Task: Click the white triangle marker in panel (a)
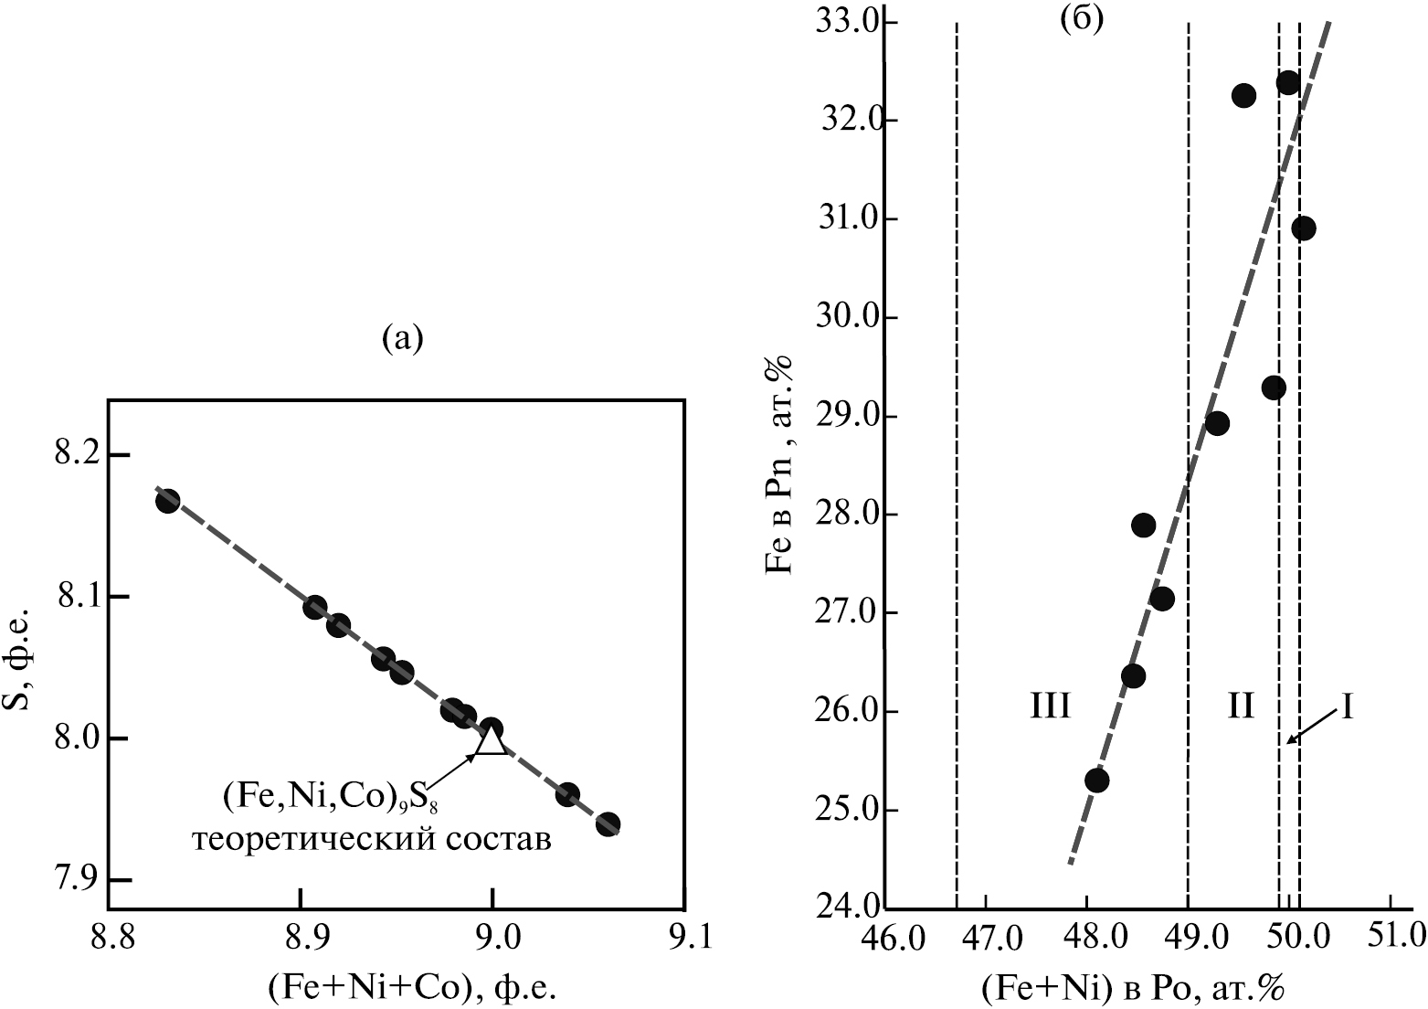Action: click(x=492, y=738)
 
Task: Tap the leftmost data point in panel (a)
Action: click(x=167, y=501)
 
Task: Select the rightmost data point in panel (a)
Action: click(x=608, y=823)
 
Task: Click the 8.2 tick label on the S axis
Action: click(x=81, y=455)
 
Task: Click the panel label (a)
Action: click(x=401, y=339)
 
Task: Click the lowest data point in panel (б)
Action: click(x=1097, y=781)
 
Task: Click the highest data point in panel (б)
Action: click(x=1288, y=83)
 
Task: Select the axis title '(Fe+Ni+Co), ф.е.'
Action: click(x=412, y=987)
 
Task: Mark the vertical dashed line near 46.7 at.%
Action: click(x=956, y=457)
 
